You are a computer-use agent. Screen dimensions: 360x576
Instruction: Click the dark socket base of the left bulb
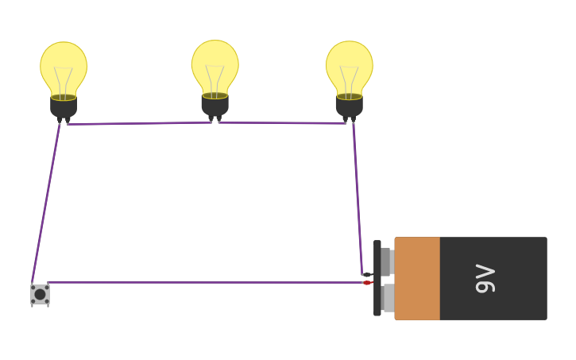[64, 107]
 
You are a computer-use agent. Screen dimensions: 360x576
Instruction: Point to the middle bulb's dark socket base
[215, 106]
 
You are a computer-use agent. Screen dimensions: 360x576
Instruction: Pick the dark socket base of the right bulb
[350, 106]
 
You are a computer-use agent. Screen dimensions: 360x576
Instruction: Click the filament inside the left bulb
[64, 79]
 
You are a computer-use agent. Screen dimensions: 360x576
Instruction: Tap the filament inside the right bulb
[350, 79]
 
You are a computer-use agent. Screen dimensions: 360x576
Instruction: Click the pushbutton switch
[40, 294]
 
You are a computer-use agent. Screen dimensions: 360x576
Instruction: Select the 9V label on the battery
[485, 278]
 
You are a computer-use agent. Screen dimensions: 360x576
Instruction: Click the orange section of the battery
[417, 278]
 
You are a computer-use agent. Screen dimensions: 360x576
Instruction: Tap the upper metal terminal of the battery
[386, 261]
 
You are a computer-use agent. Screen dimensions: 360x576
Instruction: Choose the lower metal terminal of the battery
[387, 298]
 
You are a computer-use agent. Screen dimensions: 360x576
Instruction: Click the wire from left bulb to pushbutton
[45, 203]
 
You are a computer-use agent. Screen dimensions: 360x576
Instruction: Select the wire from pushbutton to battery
[199, 282]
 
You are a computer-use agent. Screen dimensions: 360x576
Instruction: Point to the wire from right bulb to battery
[358, 199]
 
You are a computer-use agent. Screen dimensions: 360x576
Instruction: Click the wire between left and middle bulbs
[139, 123]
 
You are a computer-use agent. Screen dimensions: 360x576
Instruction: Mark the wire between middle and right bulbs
[282, 123]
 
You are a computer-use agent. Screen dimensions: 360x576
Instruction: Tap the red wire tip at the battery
[366, 283]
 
